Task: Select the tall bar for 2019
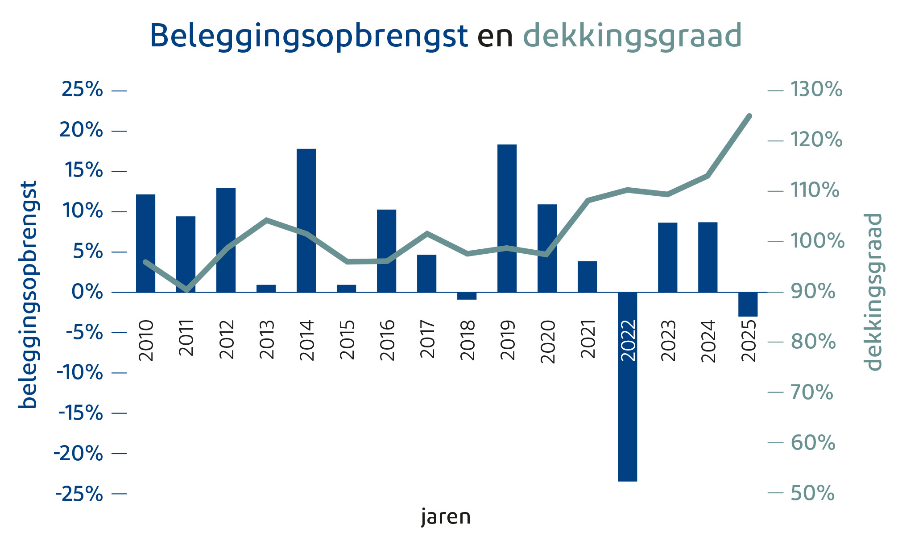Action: [x=507, y=219]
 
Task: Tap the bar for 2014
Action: [x=306, y=221]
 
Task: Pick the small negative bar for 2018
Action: [x=467, y=296]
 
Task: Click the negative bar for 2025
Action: [x=748, y=305]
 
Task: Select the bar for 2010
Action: [x=145, y=243]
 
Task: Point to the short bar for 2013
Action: [x=266, y=289]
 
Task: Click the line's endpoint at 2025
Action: [x=749, y=116]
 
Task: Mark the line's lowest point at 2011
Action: [x=187, y=290]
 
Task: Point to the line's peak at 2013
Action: [x=266, y=220]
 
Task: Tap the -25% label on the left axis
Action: [x=79, y=494]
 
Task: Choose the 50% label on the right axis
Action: [x=812, y=493]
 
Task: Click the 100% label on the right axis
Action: [x=817, y=241]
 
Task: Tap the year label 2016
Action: [x=387, y=340]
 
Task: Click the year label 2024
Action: [x=708, y=341]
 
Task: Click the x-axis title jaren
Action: [x=446, y=517]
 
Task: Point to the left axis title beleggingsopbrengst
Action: [x=28, y=294]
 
